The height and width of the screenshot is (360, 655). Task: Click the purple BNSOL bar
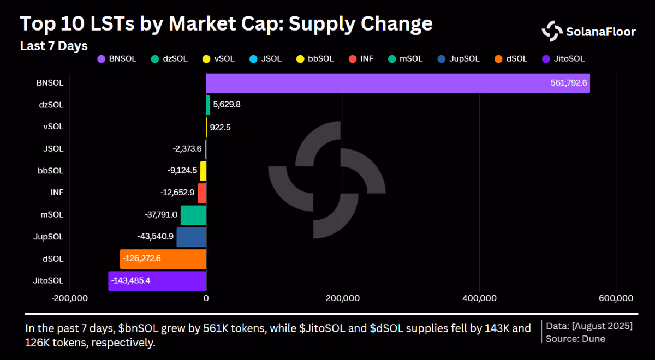tap(398, 83)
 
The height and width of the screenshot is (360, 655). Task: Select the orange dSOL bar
tap(163, 259)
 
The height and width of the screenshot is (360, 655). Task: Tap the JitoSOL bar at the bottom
tap(157, 281)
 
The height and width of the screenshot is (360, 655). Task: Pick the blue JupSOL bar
tap(192, 237)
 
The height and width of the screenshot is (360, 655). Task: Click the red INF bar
tap(202, 193)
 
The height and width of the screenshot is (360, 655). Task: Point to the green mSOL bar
tap(194, 215)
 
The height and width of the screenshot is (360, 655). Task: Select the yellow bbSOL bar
tap(203, 171)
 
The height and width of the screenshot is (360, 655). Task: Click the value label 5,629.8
tap(227, 104)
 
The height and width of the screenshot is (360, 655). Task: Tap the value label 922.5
tap(220, 128)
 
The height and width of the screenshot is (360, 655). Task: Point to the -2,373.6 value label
tap(187, 149)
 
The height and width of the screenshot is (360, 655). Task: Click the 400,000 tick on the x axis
tap(480, 298)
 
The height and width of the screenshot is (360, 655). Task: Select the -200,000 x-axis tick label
tap(70, 298)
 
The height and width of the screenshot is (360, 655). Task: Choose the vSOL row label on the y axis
tap(53, 127)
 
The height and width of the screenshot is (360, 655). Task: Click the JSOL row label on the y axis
tap(53, 149)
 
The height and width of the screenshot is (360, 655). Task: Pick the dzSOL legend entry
tap(169, 59)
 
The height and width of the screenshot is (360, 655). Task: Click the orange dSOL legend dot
tap(498, 59)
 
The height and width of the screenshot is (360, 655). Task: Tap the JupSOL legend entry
tap(458, 59)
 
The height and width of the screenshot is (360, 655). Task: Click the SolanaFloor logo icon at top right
tap(552, 31)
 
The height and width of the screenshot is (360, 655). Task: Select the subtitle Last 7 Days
tap(54, 46)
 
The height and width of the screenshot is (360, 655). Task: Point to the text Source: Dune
tap(575, 339)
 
